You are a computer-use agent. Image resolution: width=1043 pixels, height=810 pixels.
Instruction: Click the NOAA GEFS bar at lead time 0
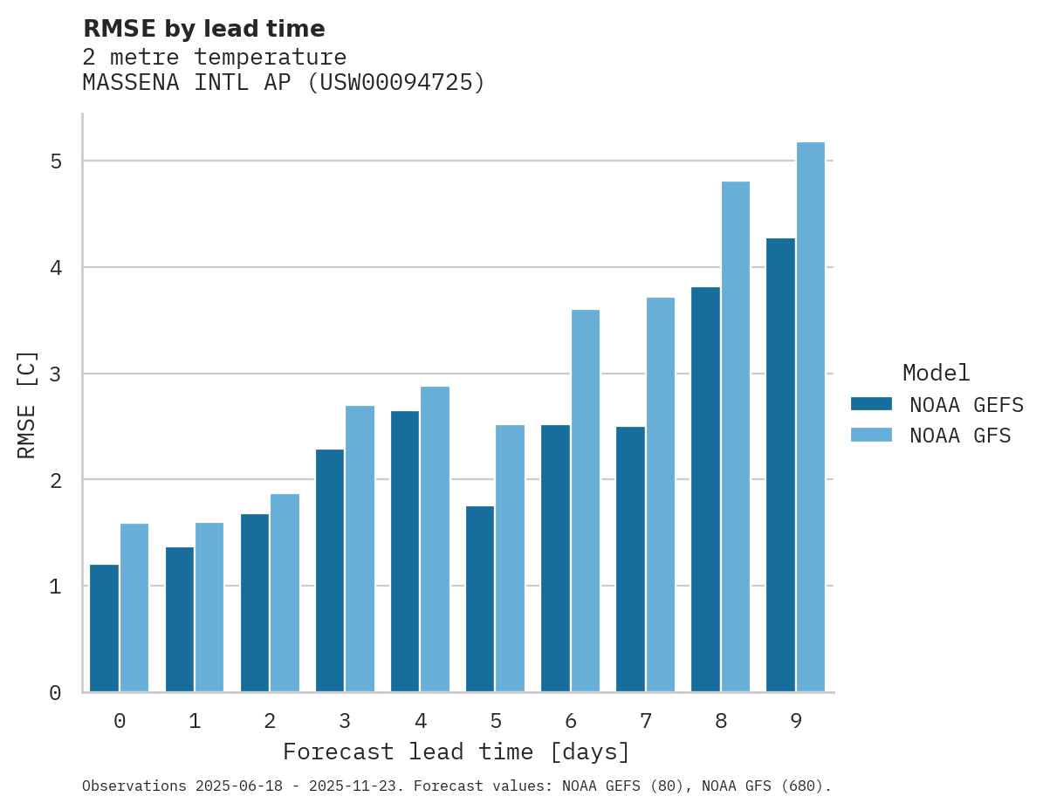coord(104,628)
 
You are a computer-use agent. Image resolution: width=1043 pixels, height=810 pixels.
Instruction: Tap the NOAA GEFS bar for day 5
coord(480,599)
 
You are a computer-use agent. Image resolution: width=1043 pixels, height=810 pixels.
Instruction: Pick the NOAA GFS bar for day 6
coord(586,501)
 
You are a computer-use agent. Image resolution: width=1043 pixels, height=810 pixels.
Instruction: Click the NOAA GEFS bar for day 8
coord(705,490)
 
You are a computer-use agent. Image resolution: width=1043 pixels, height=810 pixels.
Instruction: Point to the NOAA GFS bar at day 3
coord(360,549)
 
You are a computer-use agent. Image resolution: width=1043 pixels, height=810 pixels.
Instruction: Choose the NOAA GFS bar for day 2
coord(285,594)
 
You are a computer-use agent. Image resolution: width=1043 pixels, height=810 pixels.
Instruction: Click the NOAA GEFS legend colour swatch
coord(871,404)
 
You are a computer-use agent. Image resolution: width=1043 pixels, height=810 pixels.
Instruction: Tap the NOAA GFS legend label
coord(960,436)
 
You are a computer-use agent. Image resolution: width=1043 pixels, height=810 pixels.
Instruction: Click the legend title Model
coord(936,374)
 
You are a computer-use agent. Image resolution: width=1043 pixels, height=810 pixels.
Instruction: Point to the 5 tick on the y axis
coord(56,161)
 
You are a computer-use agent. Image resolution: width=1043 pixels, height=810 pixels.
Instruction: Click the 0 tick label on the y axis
coord(56,693)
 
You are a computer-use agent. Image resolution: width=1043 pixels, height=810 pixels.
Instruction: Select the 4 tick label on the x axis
coord(421,722)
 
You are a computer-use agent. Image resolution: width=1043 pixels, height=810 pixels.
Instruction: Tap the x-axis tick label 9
coord(796,722)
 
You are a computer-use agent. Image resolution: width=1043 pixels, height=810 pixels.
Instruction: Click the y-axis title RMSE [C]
coord(27,404)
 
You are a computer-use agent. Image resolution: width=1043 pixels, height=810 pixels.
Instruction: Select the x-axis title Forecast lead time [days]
coord(456,752)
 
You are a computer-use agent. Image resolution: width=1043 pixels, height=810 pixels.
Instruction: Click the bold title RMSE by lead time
coord(204,29)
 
